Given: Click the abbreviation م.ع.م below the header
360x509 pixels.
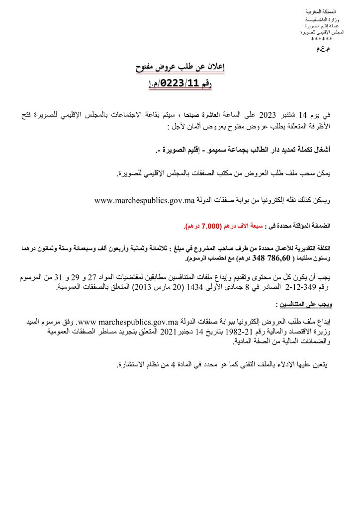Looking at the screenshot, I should tap(323, 50).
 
